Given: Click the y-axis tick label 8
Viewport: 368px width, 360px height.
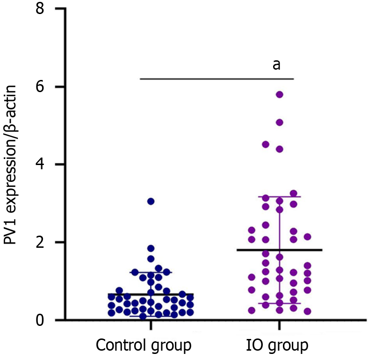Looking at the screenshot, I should tap(45, 9).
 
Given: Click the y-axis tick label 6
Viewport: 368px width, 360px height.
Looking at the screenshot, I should tap(45, 87).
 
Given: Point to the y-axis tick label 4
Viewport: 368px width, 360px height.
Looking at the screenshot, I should tap(45, 165).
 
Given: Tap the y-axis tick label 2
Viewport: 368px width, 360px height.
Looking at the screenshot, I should tap(45, 242).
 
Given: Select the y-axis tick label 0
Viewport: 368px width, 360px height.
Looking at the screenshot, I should tap(45, 320).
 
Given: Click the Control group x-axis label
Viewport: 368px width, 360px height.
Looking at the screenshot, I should tap(144, 346).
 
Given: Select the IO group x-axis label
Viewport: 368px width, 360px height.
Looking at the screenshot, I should tap(277, 346).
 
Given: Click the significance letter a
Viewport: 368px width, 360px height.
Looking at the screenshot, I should tap(276, 64).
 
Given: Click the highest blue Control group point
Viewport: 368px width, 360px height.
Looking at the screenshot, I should tap(151, 201).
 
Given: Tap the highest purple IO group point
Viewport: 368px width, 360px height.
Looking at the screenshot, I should tap(280, 94).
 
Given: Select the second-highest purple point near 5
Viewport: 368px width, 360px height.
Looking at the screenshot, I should tap(280, 122).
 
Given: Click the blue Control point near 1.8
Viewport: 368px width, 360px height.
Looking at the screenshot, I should tap(151, 248).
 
